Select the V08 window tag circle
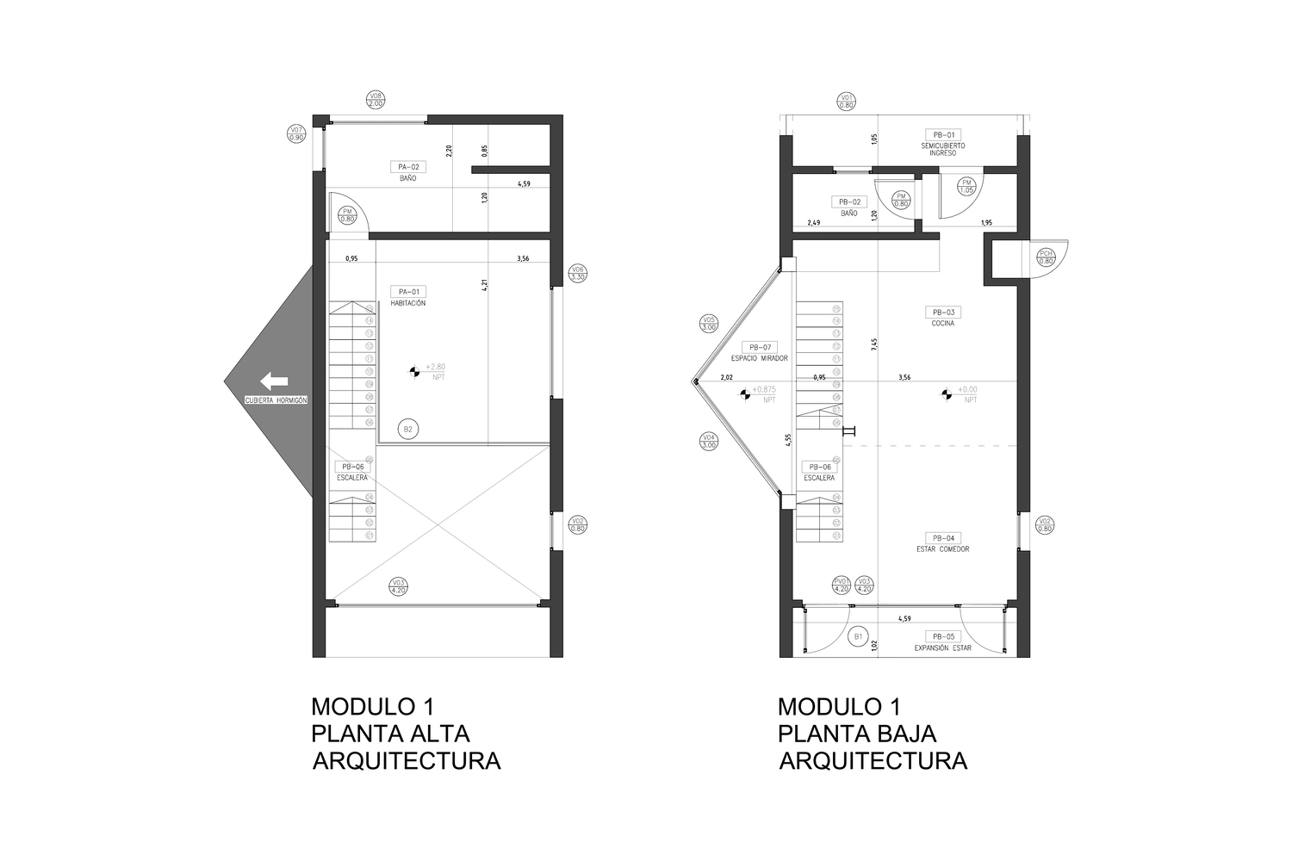[x=376, y=99]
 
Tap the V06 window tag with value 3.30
[x=578, y=274]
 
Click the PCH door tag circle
[x=1046, y=257]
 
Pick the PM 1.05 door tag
[x=966, y=186]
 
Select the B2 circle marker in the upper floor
[x=408, y=428]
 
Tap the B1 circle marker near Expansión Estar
[x=857, y=637]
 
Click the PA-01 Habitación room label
[x=407, y=296]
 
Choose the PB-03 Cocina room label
[x=941, y=317]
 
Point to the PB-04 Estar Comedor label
[x=942, y=542]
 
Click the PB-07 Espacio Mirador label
[x=759, y=351]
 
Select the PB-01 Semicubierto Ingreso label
[x=943, y=144]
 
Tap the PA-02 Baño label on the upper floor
[x=407, y=171]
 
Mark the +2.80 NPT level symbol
[x=413, y=372]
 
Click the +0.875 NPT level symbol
[x=745, y=394]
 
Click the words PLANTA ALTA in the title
[x=390, y=734]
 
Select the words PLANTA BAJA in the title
[x=857, y=734]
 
